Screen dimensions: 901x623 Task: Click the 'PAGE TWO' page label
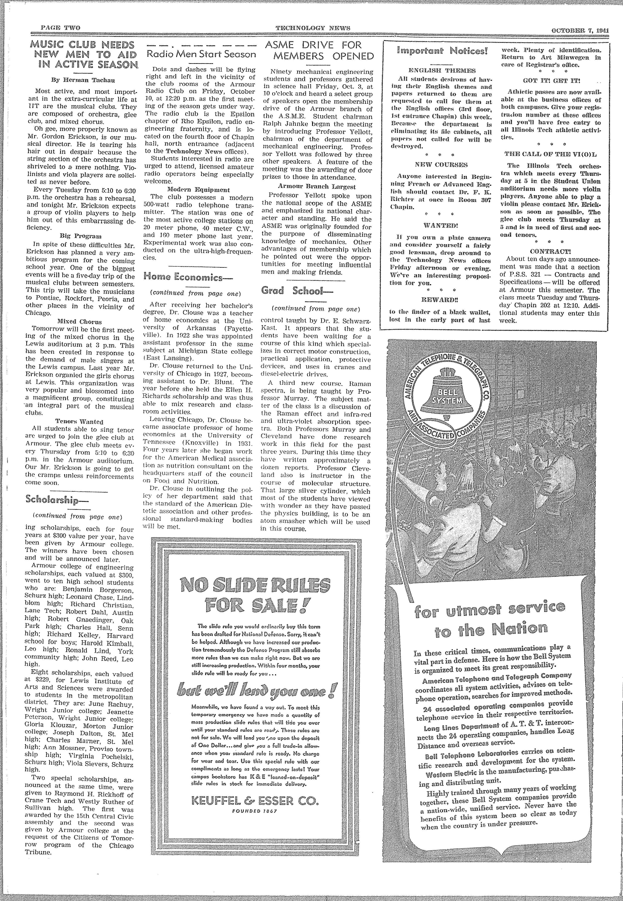click(x=61, y=28)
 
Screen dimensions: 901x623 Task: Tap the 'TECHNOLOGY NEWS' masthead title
click(x=313, y=28)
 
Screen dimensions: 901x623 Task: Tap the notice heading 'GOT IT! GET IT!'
click(x=552, y=81)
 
